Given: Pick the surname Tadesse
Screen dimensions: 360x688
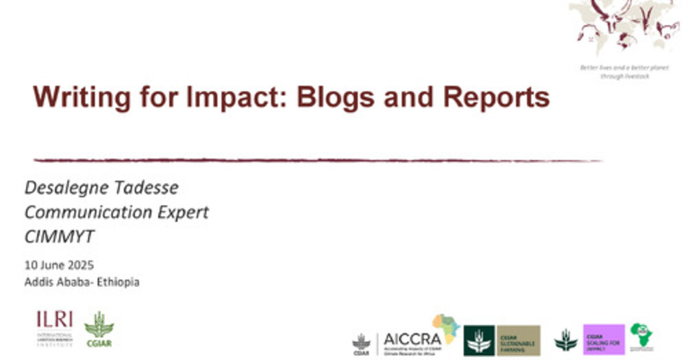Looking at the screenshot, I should (149, 187).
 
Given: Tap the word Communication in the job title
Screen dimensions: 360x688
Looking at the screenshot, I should (89, 213).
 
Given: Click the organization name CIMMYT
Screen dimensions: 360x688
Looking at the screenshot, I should (59, 237).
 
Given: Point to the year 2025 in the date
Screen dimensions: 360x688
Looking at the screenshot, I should (81, 265).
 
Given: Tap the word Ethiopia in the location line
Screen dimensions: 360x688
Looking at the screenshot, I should (118, 282).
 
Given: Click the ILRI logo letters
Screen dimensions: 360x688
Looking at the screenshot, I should (54, 319).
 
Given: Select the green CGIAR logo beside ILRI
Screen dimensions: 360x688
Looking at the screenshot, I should (99, 328).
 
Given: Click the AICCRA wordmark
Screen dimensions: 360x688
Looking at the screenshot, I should (412, 339).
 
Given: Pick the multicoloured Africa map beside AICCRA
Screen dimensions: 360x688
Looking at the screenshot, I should (447, 327).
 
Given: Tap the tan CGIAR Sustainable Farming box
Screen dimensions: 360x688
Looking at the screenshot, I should (518, 341).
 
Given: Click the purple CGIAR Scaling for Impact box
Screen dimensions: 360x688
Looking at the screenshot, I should (604, 339).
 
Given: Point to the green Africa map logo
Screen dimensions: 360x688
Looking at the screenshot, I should (642, 336).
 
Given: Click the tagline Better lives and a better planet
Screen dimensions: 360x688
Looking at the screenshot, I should (624, 68).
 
